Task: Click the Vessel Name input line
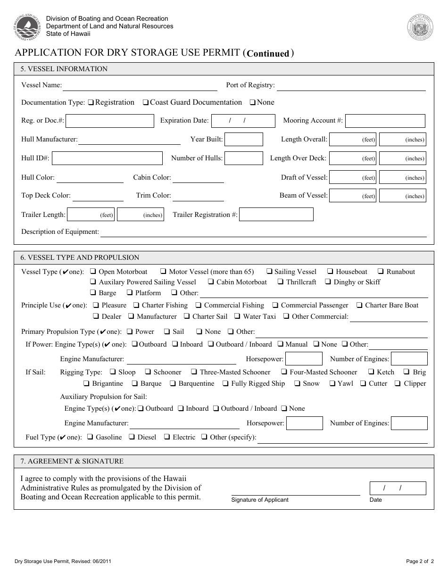(x=140, y=86)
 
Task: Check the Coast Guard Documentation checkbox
(x=146, y=103)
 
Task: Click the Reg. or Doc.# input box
(x=110, y=121)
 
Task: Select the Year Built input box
(x=243, y=140)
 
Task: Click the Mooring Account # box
(x=385, y=121)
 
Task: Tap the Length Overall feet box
(x=352, y=140)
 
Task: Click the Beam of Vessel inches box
(x=402, y=196)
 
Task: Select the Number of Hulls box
(x=243, y=158)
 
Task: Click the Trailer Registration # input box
(x=276, y=215)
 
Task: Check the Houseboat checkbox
(x=331, y=272)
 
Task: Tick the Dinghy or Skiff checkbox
(x=328, y=282)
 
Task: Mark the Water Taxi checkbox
(x=238, y=316)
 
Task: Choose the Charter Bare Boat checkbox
(x=360, y=306)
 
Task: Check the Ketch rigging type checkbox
(x=372, y=372)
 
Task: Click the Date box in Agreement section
(x=398, y=489)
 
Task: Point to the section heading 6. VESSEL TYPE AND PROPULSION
(x=80, y=257)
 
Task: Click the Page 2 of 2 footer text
(x=419, y=561)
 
